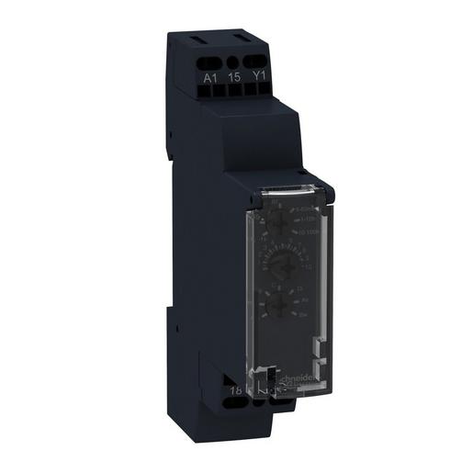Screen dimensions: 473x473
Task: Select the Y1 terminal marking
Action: [x=259, y=79]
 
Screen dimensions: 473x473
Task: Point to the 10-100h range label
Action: [x=310, y=232]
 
